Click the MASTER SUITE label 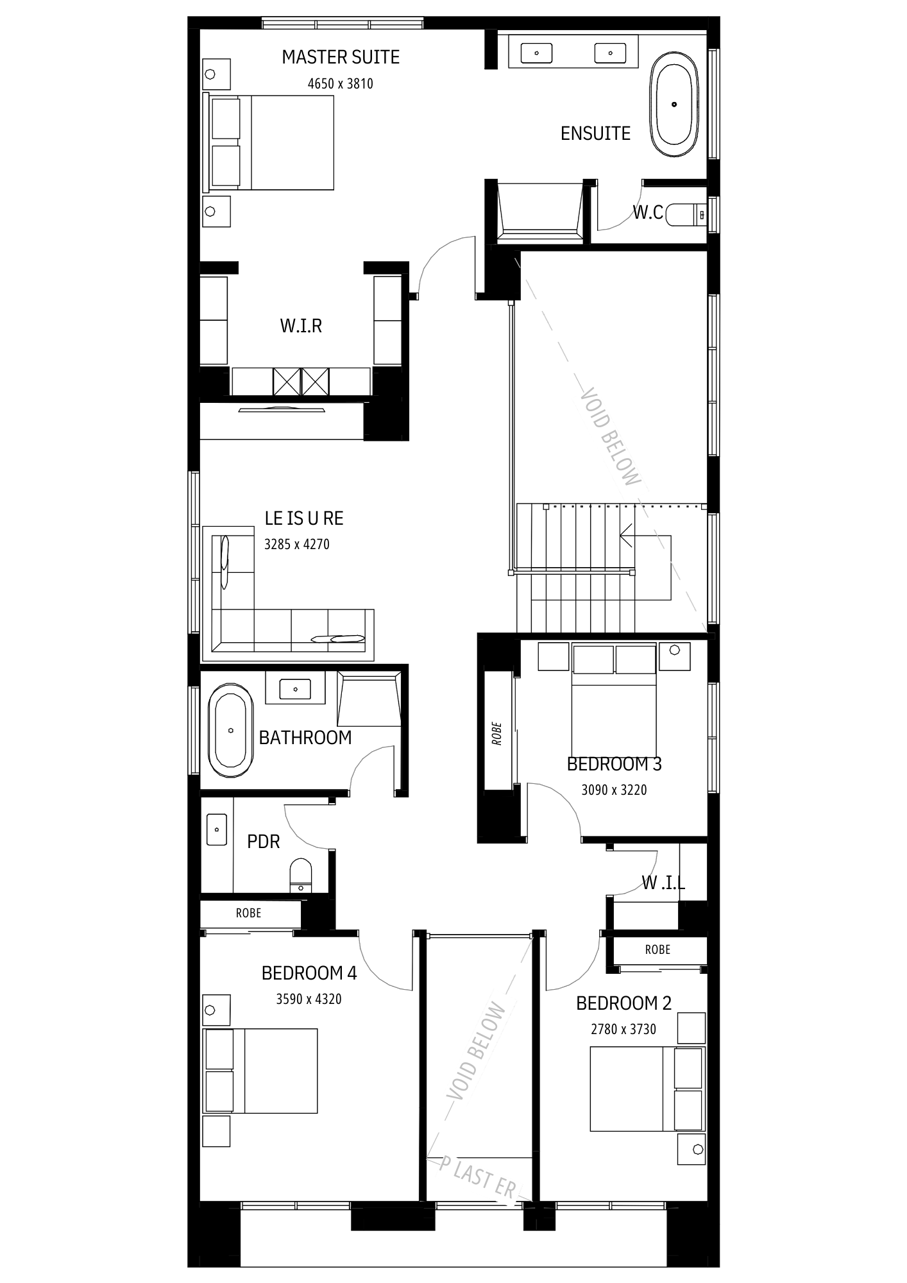pos(341,57)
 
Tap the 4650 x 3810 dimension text pos(340,83)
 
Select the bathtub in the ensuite pos(674,104)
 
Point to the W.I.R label pos(301,326)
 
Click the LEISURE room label pos(304,518)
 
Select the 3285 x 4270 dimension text pos(297,544)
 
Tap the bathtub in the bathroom pos(230,730)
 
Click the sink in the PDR pos(217,829)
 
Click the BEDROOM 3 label pos(614,764)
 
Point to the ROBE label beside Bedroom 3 pos(497,734)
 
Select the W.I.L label pos(664,883)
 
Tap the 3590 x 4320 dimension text pos(309,999)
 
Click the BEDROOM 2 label pos(623,1003)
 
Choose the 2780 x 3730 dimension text pos(623,1029)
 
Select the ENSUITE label pos(595,133)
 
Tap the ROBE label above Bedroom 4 pos(248,913)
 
